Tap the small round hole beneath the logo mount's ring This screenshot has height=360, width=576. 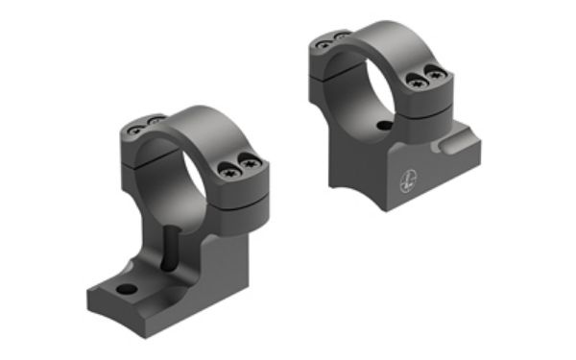384,126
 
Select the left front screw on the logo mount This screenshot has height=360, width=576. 417,82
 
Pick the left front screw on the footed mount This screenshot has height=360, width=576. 232,171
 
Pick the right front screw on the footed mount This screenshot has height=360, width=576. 252,164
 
